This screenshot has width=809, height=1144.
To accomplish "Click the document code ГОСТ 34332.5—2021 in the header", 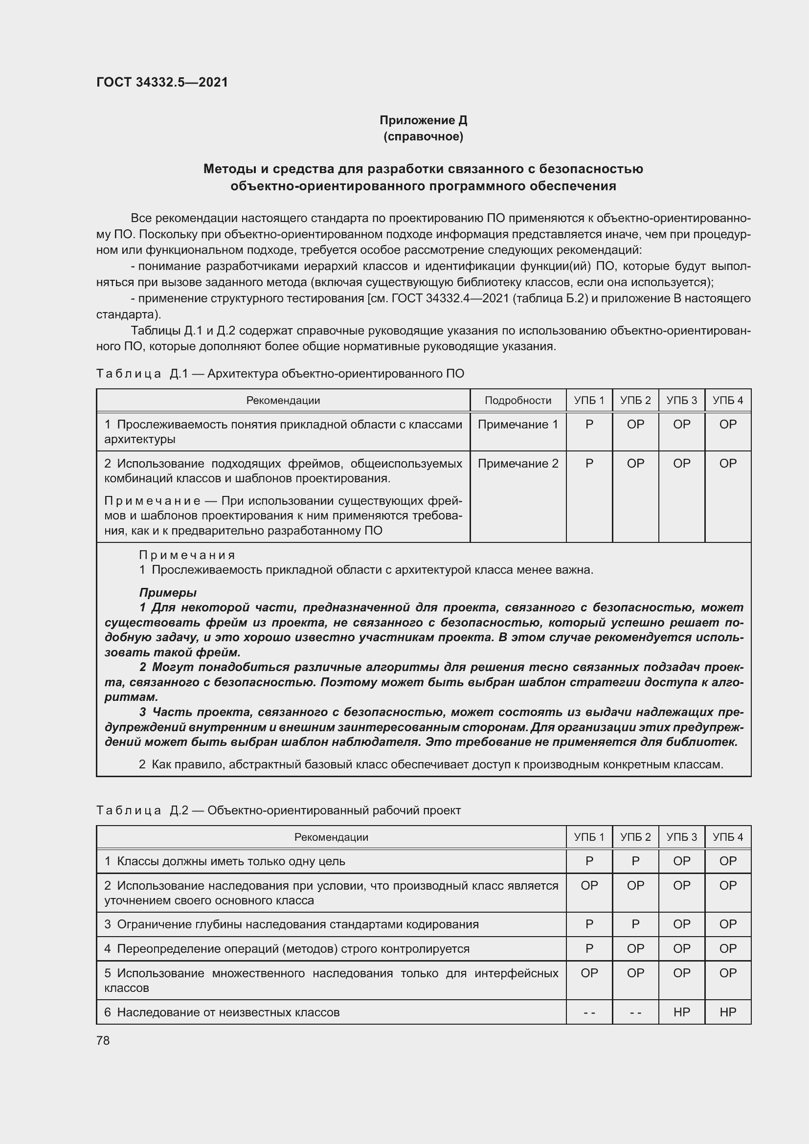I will (x=162, y=82).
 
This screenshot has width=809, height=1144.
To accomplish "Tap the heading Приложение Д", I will (x=423, y=120).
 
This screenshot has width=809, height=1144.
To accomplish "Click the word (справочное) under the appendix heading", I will (x=423, y=136).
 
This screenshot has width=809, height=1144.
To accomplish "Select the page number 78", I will (x=103, y=1040).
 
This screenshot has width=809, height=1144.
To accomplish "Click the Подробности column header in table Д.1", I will (x=517, y=400).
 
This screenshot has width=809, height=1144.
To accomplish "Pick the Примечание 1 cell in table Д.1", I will (x=517, y=425).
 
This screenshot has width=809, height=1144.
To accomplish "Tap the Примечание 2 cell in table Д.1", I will (x=517, y=463).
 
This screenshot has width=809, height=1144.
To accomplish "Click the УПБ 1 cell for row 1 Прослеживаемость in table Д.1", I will (x=589, y=425).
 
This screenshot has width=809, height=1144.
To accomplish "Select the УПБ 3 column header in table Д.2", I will (x=681, y=837).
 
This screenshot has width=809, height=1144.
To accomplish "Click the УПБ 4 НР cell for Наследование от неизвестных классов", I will (x=727, y=1012).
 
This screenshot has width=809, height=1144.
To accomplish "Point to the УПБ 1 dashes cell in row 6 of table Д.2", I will (x=589, y=1012).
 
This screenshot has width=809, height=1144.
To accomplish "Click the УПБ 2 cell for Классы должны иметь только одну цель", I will (x=635, y=861).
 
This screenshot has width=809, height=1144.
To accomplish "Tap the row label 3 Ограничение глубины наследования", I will (x=292, y=924).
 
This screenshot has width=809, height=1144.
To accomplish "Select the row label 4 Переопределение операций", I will (x=287, y=949).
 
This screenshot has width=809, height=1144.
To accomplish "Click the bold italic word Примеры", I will (x=168, y=593).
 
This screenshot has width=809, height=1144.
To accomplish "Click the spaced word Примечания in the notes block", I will (x=187, y=555).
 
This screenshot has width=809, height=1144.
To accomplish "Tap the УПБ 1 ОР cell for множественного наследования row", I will (x=589, y=973).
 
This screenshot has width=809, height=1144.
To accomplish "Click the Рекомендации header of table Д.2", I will (x=331, y=837).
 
